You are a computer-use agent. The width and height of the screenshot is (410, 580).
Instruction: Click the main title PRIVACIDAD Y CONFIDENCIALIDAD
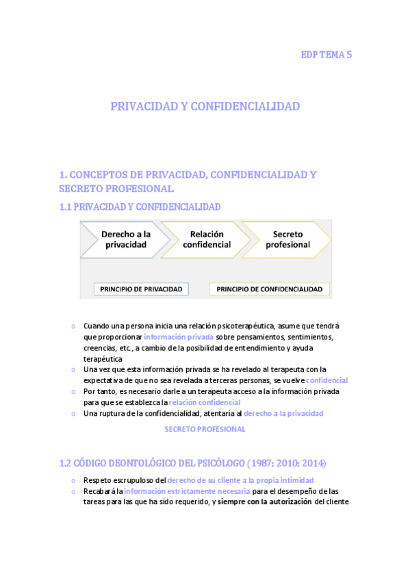coord(205,107)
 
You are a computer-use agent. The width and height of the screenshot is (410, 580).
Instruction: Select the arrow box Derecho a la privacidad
coord(125,239)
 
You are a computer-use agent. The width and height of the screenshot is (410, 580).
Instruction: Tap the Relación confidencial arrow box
coord(206,239)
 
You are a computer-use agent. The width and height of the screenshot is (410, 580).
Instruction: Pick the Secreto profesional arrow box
coord(287,239)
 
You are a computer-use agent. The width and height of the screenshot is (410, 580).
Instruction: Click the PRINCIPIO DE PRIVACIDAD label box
coord(142,289)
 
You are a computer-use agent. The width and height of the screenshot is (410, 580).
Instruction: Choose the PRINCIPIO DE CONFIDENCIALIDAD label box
coord(269,289)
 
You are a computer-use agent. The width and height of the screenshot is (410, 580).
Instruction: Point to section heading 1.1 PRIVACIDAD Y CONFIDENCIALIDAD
coord(140,206)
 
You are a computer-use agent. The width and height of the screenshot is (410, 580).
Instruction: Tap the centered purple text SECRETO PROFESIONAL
coord(205,429)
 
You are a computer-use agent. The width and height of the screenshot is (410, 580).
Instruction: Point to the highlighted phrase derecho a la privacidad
coord(283,413)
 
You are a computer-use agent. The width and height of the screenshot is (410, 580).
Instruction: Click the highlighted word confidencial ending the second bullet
coord(326,380)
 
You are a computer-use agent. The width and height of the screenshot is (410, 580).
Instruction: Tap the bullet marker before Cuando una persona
coord(73,326)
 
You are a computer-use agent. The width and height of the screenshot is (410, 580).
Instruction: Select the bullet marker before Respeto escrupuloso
coord(73,480)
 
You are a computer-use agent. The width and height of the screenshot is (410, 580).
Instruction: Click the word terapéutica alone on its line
coord(103,358)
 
